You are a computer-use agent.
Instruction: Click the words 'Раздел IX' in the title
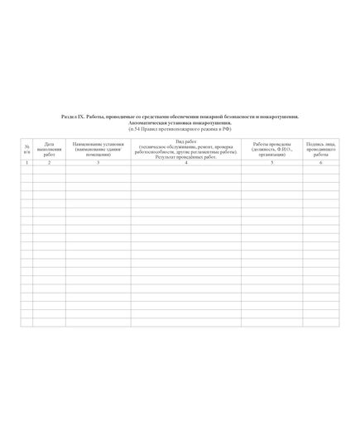tap(72, 118)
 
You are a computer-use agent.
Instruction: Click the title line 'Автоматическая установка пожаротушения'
tap(180, 124)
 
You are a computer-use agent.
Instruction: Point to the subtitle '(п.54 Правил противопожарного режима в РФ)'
tap(180, 130)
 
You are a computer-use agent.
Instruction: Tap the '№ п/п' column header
tap(26, 149)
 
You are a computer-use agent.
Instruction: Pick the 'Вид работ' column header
tap(186, 142)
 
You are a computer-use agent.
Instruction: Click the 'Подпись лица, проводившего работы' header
tap(320, 149)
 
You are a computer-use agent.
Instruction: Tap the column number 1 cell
tap(26, 163)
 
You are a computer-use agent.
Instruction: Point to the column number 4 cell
tap(186, 163)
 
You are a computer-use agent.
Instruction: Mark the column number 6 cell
tap(320, 163)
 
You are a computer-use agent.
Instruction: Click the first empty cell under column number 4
tap(186, 170)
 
